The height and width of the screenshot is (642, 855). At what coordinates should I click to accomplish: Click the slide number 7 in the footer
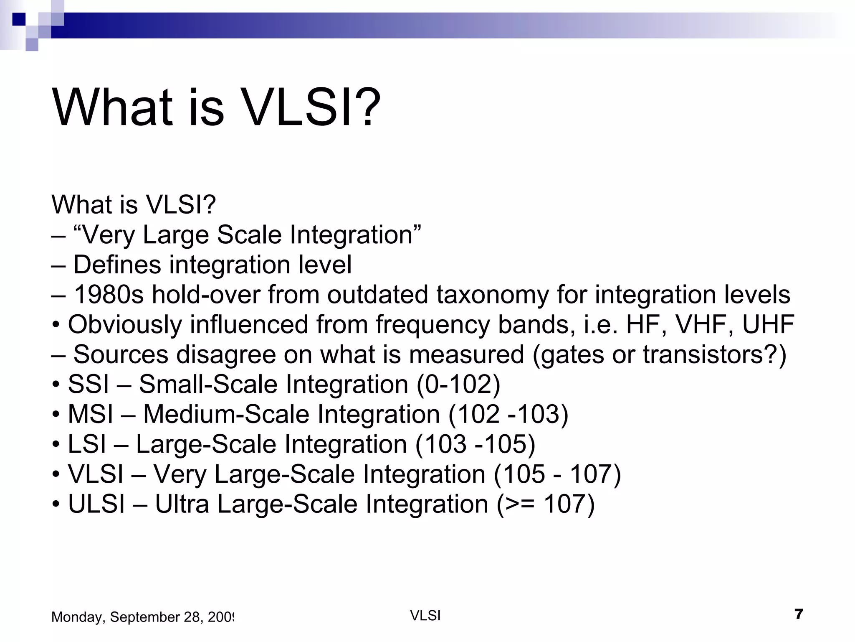pos(799,614)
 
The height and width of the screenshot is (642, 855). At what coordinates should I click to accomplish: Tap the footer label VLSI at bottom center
pos(425,616)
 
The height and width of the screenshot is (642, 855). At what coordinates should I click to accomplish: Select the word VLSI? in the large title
pos(311,107)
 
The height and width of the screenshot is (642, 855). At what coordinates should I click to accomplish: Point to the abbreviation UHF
pos(768,325)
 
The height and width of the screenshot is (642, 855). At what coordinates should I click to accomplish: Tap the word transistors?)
pos(714,355)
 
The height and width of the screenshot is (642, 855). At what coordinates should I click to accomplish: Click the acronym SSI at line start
pos(88,385)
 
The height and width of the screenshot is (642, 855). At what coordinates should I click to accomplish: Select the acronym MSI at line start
pos(90,415)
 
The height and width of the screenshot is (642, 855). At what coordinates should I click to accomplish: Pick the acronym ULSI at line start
pos(96,504)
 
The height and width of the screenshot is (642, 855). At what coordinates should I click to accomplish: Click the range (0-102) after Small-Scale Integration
pos(458,385)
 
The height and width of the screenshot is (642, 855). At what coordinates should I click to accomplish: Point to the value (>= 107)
pos(546,504)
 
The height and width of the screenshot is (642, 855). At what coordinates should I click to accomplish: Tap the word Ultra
pos(182,504)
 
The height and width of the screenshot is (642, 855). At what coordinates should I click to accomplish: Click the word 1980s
pos(109,295)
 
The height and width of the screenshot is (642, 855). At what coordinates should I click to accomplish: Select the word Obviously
pos(125,325)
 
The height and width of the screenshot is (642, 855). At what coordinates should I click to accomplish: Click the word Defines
pos(117,265)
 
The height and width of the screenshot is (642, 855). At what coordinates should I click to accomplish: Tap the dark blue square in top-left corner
pos(19,19)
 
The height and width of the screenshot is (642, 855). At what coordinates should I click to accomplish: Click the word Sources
pos(121,355)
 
